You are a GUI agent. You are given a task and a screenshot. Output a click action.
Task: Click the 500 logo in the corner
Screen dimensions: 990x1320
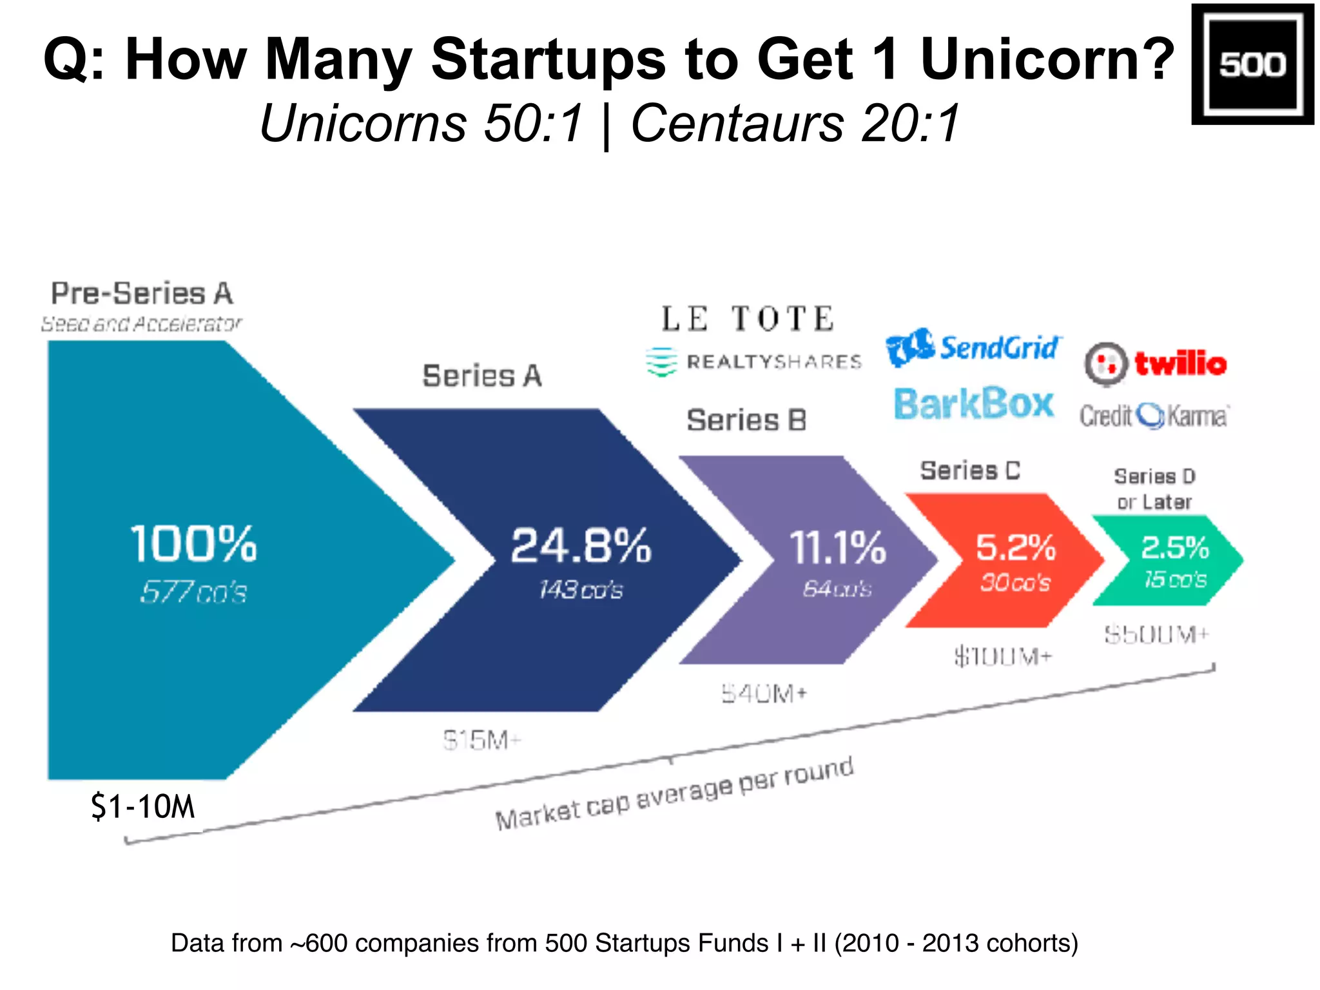1252,64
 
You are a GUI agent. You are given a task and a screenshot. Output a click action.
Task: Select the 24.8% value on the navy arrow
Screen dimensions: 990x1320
581,546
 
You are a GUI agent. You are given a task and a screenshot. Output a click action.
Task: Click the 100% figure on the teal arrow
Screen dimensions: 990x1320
193,543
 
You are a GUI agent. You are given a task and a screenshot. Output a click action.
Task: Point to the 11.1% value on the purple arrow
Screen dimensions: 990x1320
837,548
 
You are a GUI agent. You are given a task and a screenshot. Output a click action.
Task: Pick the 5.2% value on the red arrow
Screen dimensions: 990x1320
1015,547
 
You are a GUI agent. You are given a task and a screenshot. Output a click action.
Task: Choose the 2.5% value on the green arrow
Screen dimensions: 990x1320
1174,548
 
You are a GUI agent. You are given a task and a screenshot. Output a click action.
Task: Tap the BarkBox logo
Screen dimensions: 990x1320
974,404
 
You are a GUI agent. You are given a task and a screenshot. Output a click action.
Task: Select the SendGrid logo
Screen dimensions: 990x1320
973,349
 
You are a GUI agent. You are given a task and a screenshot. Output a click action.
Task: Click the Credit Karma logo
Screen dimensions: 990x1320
1154,416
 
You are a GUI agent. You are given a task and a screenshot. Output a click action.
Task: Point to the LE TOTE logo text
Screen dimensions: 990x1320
748,319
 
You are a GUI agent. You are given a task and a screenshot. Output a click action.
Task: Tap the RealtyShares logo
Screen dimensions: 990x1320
753,362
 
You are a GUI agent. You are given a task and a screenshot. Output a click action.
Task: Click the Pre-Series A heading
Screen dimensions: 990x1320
142,293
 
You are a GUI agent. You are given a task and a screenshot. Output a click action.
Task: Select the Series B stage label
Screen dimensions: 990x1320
746,420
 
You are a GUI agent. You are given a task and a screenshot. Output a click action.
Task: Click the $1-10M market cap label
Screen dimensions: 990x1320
142,806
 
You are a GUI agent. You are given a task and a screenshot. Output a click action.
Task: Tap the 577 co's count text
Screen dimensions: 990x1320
193,592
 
